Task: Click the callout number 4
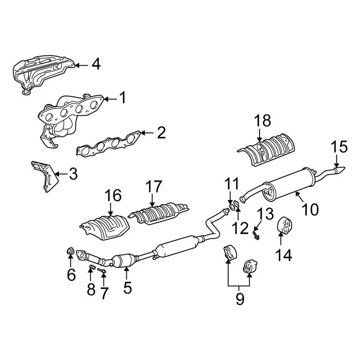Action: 95,65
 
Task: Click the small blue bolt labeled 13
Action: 256,234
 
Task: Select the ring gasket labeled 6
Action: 70,251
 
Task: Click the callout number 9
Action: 239,298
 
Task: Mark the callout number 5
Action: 128,287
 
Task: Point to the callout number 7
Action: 104,293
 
